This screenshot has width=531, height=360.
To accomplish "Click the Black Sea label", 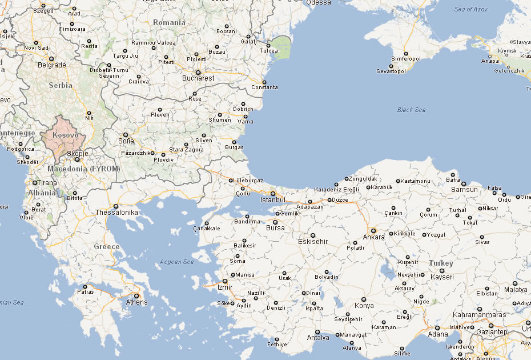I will pyautogui.click(x=411, y=110).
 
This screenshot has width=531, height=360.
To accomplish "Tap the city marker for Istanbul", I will pyautogui.click(x=273, y=194).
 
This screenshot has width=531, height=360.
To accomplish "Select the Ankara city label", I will pyautogui.click(x=374, y=237).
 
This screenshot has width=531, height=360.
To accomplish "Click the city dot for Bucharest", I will pyautogui.click(x=198, y=73).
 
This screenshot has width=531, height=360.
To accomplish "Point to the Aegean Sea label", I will pyautogui.click(x=177, y=262).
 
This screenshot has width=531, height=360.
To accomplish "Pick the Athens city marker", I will pyautogui.click(x=136, y=295).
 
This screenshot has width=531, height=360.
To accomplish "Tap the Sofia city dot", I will pyautogui.click(x=126, y=135).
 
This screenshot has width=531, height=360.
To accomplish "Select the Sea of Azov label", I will pyautogui.click(x=472, y=9).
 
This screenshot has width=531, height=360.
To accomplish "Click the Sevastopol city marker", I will pyautogui.click(x=391, y=65).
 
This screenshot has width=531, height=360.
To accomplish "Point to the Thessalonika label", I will pyautogui.click(x=117, y=213).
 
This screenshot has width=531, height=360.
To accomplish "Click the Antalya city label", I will pyautogui.click(x=318, y=338).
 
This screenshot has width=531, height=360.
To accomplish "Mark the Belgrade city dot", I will pyautogui.click(x=51, y=59).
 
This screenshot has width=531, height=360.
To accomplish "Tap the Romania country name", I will pyautogui.click(x=170, y=22).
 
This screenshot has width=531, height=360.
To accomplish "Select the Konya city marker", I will pyautogui.click(x=363, y=299).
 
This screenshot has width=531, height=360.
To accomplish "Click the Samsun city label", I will pyautogui.click(x=464, y=190).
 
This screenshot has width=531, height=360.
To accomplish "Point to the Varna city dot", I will pyautogui.click(x=246, y=116).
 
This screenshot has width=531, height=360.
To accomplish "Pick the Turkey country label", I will pyautogui.click(x=441, y=263).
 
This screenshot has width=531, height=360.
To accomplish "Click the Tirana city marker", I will pyautogui.click(x=34, y=183).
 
